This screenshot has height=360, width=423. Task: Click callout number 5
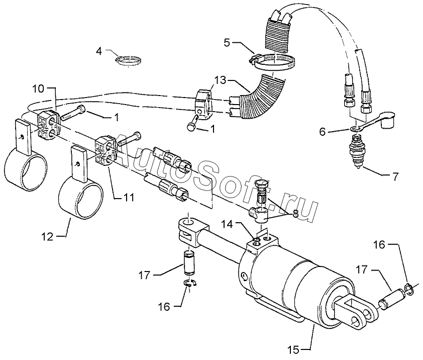click(x=227, y=42)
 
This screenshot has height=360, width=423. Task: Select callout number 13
click(x=220, y=80)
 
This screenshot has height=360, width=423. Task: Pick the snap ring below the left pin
click(x=190, y=285)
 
